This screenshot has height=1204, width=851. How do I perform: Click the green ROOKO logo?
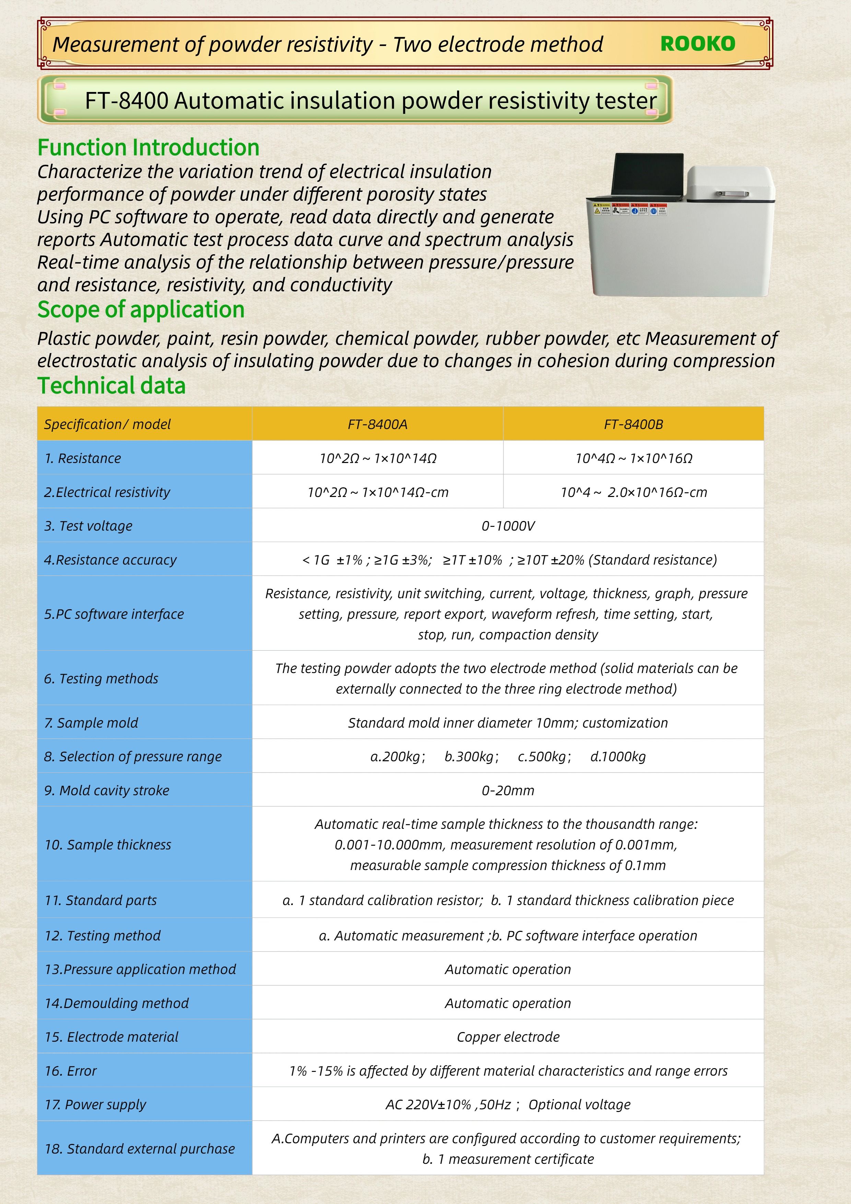[697, 44]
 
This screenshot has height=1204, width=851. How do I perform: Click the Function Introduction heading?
[148, 147]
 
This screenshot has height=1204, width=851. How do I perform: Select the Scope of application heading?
[141, 309]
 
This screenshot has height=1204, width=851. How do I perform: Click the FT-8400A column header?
[377, 424]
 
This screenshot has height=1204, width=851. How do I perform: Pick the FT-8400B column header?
[633, 424]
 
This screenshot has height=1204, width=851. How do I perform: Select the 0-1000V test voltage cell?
[508, 526]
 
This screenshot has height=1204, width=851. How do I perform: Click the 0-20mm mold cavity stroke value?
[508, 790]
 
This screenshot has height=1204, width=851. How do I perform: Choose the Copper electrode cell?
[508, 1037]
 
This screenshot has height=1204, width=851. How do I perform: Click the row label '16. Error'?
[71, 1071]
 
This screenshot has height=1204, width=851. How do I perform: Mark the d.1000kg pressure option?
[618, 757]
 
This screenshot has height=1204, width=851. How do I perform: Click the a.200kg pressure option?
[397, 757]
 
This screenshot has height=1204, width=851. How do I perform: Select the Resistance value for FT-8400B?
[633, 458]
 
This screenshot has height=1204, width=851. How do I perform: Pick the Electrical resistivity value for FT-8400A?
[377, 493]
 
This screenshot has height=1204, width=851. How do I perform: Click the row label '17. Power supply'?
[95, 1104]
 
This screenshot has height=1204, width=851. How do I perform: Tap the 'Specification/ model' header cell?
[107, 424]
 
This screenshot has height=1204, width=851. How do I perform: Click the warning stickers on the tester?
[630, 210]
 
